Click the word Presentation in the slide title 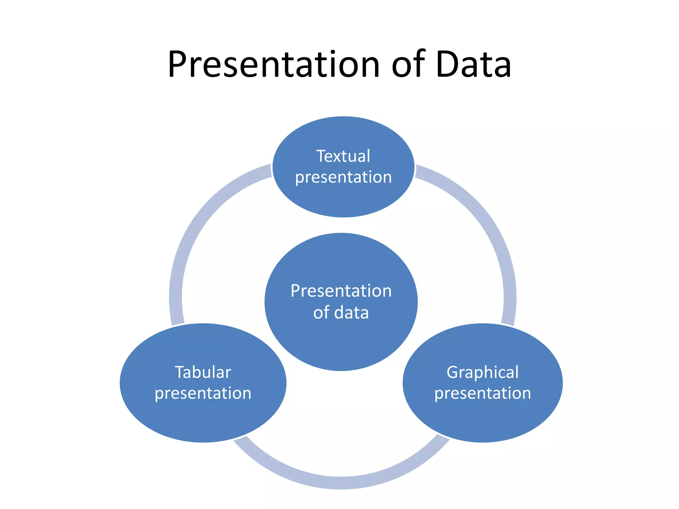(274, 64)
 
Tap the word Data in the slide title (473, 64)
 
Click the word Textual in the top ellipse (343, 156)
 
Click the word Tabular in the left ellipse (203, 372)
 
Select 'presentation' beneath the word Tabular (203, 394)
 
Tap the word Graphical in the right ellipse (482, 372)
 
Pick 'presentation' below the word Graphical (483, 394)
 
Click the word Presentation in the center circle (341, 291)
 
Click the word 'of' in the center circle (321, 312)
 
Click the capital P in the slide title (179, 64)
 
